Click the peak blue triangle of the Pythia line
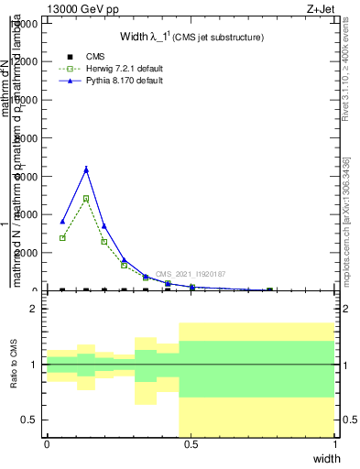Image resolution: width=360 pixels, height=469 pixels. [x=86, y=169]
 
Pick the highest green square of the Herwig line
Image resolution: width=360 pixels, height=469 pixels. [x=86, y=198]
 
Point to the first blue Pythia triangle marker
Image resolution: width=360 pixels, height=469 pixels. [x=62, y=221]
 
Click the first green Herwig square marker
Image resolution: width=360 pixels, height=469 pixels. [x=62, y=238]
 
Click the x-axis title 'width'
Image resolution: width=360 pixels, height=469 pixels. [x=326, y=457]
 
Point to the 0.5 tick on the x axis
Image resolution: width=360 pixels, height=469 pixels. [x=191, y=444]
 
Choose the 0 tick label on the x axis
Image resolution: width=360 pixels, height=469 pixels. [x=47, y=444]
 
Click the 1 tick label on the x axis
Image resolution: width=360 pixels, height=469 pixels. [x=335, y=444]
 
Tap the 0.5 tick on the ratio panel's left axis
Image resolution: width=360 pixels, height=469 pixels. [x=30, y=420]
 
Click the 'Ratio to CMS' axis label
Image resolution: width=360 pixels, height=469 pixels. [x=14, y=364]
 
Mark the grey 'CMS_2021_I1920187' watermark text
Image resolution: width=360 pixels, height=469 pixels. [x=191, y=274]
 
